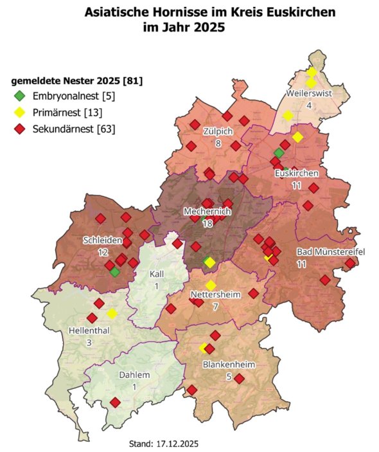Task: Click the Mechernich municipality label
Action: point(207,212)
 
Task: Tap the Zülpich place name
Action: point(218,132)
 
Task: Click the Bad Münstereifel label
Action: point(330,251)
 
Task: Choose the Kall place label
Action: point(157,274)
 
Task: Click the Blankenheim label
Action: point(225,365)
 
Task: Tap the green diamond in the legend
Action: point(20,96)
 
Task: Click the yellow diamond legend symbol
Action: point(20,113)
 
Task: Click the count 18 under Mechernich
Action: point(207,223)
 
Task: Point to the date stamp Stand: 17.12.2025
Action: point(168,443)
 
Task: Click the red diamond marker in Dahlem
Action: point(115,402)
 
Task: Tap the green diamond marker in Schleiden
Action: point(114,273)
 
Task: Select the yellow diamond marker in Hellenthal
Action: point(112,313)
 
